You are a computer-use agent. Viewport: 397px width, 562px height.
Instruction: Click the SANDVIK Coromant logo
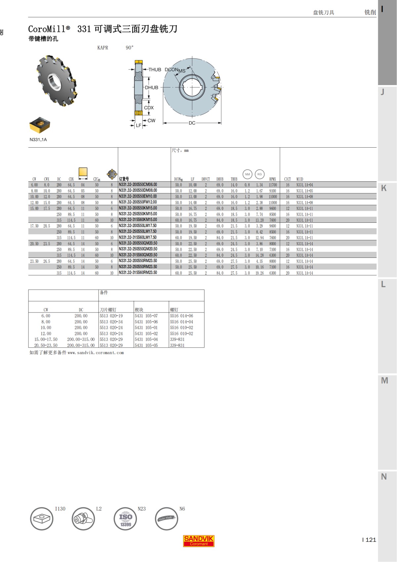(198, 541)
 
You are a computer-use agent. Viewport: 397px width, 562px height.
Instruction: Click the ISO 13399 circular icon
(125, 519)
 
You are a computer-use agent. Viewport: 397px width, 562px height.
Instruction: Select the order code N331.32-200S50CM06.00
(138, 185)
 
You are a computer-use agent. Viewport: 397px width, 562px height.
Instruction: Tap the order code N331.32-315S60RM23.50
(138, 273)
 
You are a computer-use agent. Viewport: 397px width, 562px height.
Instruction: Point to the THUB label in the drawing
(154, 70)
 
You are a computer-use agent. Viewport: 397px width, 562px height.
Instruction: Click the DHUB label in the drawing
(152, 87)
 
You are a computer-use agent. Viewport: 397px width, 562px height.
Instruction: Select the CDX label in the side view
(149, 108)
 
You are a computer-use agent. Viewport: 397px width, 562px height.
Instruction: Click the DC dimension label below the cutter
(192, 123)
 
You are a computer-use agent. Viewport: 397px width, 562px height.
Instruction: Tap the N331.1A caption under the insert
(38, 140)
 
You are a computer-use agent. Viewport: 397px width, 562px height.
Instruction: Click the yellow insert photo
(39, 125)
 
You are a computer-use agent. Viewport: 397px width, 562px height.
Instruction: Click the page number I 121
(369, 540)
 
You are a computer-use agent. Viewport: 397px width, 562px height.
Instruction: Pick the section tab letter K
(384, 188)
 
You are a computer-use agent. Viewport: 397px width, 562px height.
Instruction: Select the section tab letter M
(384, 381)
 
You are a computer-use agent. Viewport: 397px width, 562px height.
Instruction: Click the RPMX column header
(273, 179)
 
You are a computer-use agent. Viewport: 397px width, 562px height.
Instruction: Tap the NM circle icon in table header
(247, 174)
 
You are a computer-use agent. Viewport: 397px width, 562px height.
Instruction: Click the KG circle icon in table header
(260, 174)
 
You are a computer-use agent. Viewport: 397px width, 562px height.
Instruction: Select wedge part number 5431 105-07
(146, 316)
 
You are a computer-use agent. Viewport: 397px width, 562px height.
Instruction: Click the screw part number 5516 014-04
(182, 322)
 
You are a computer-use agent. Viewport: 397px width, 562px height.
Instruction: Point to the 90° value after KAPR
(130, 48)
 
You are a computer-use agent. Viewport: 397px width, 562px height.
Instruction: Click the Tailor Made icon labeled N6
(166, 519)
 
